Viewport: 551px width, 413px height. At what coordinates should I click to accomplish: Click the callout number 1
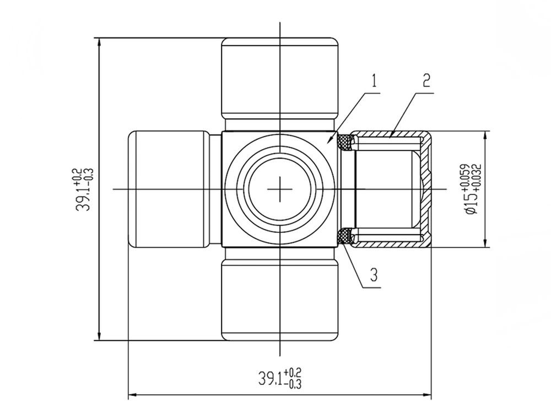point(374,81)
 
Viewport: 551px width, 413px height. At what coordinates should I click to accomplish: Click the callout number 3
point(374,275)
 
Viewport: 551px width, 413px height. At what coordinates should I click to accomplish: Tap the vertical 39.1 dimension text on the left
point(84,189)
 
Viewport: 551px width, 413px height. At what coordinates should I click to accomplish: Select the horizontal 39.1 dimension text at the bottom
point(280,378)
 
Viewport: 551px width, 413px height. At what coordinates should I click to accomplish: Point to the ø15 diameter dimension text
point(471,189)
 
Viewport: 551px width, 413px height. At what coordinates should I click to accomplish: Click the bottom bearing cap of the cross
point(280,300)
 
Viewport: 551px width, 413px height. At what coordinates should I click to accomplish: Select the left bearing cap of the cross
point(169,189)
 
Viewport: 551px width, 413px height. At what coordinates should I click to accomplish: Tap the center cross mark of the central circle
point(280,189)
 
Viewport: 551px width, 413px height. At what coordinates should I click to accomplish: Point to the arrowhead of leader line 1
point(329,140)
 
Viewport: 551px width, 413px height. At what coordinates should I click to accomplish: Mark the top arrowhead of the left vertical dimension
point(99,42)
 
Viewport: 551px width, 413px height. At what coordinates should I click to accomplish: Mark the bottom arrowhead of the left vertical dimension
point(99,336)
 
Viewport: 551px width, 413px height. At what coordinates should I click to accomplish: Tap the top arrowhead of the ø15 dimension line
point(485,135)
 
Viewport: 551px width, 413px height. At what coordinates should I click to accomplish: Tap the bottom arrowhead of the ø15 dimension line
point(485,243)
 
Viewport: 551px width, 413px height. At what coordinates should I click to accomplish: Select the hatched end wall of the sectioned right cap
point(427,189)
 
